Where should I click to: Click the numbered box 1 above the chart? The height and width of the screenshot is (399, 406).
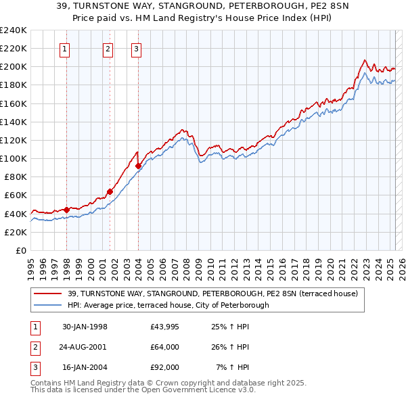pos(65,48)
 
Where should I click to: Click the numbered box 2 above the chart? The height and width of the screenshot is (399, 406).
pos(108,48)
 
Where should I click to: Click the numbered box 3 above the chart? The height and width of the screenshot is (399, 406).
pos(136,48)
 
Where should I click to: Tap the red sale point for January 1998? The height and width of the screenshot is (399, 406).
pos(67,210)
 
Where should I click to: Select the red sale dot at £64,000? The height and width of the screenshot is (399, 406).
pos(110,191)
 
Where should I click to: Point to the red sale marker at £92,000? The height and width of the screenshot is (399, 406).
pos(138,166)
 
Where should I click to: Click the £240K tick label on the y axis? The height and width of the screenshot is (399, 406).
pos(13,30)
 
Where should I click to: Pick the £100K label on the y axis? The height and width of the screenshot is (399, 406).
pos(13,158)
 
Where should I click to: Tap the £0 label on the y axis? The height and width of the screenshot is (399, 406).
pos(20,250)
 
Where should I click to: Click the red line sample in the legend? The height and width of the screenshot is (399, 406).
pos(49,294)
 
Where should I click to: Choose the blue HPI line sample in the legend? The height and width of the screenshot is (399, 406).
pos(49,305)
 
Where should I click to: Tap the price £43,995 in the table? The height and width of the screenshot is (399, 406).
pos(165,327)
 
